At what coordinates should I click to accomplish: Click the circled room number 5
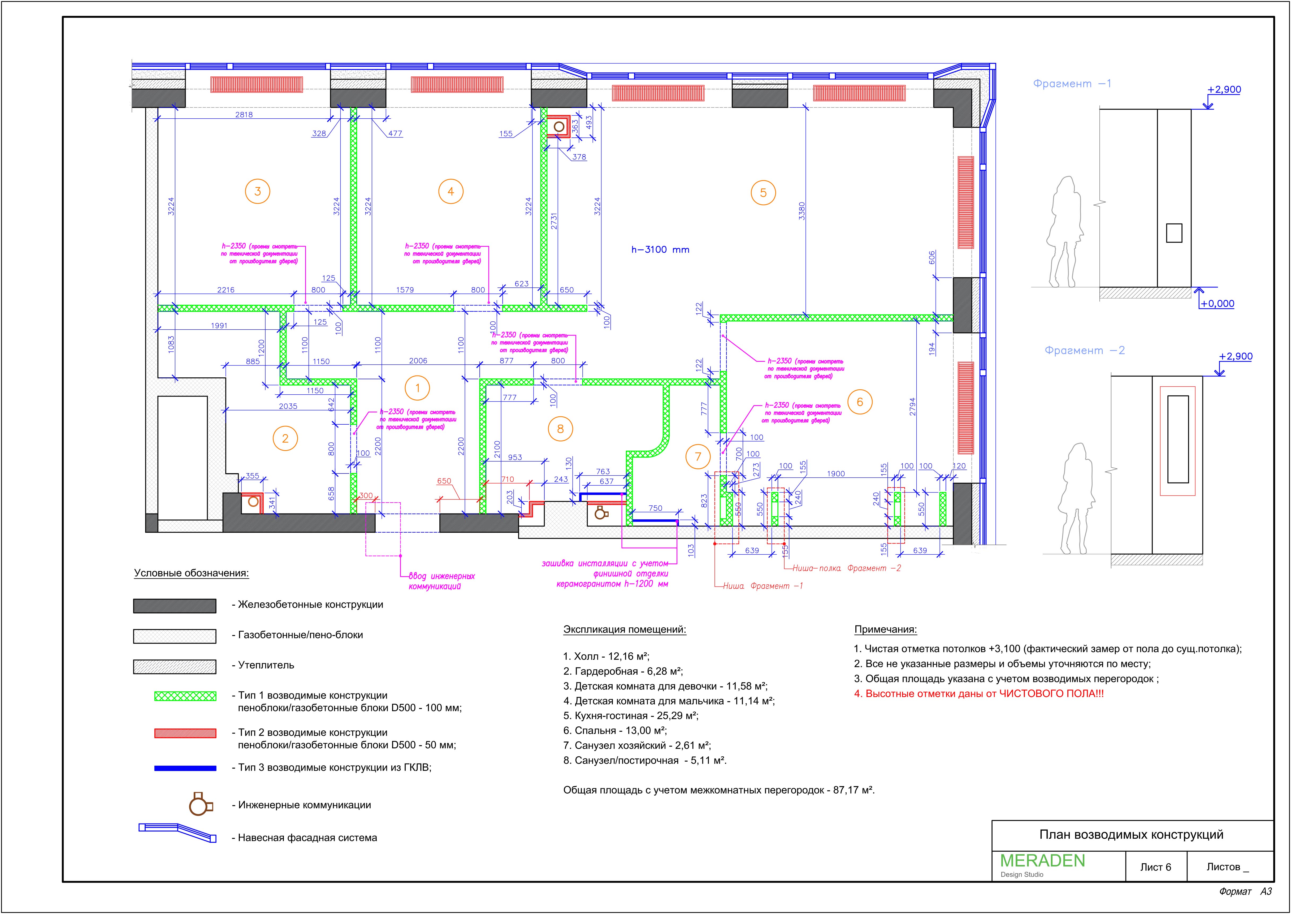(763, 192)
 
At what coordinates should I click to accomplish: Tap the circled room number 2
(285, 438)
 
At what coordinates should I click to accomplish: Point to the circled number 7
(698, 456)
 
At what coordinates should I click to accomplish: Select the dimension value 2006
(418, 361)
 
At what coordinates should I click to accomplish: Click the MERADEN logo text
(1042, 861)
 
